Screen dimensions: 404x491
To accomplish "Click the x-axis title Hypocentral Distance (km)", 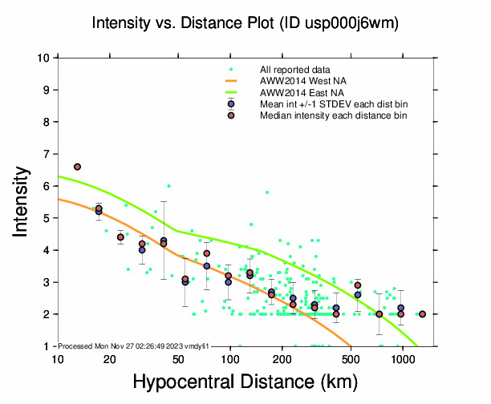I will click(245, 384).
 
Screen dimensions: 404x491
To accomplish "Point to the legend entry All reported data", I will click(295, 70).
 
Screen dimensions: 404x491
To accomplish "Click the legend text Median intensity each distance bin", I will click(333, 115).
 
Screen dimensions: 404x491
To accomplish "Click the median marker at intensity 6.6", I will click(77, 167).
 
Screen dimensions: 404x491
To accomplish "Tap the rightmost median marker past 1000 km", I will click(423, 314).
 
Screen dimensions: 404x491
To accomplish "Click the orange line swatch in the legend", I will click(231, 81).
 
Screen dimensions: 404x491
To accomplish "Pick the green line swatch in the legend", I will click(231, 92).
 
